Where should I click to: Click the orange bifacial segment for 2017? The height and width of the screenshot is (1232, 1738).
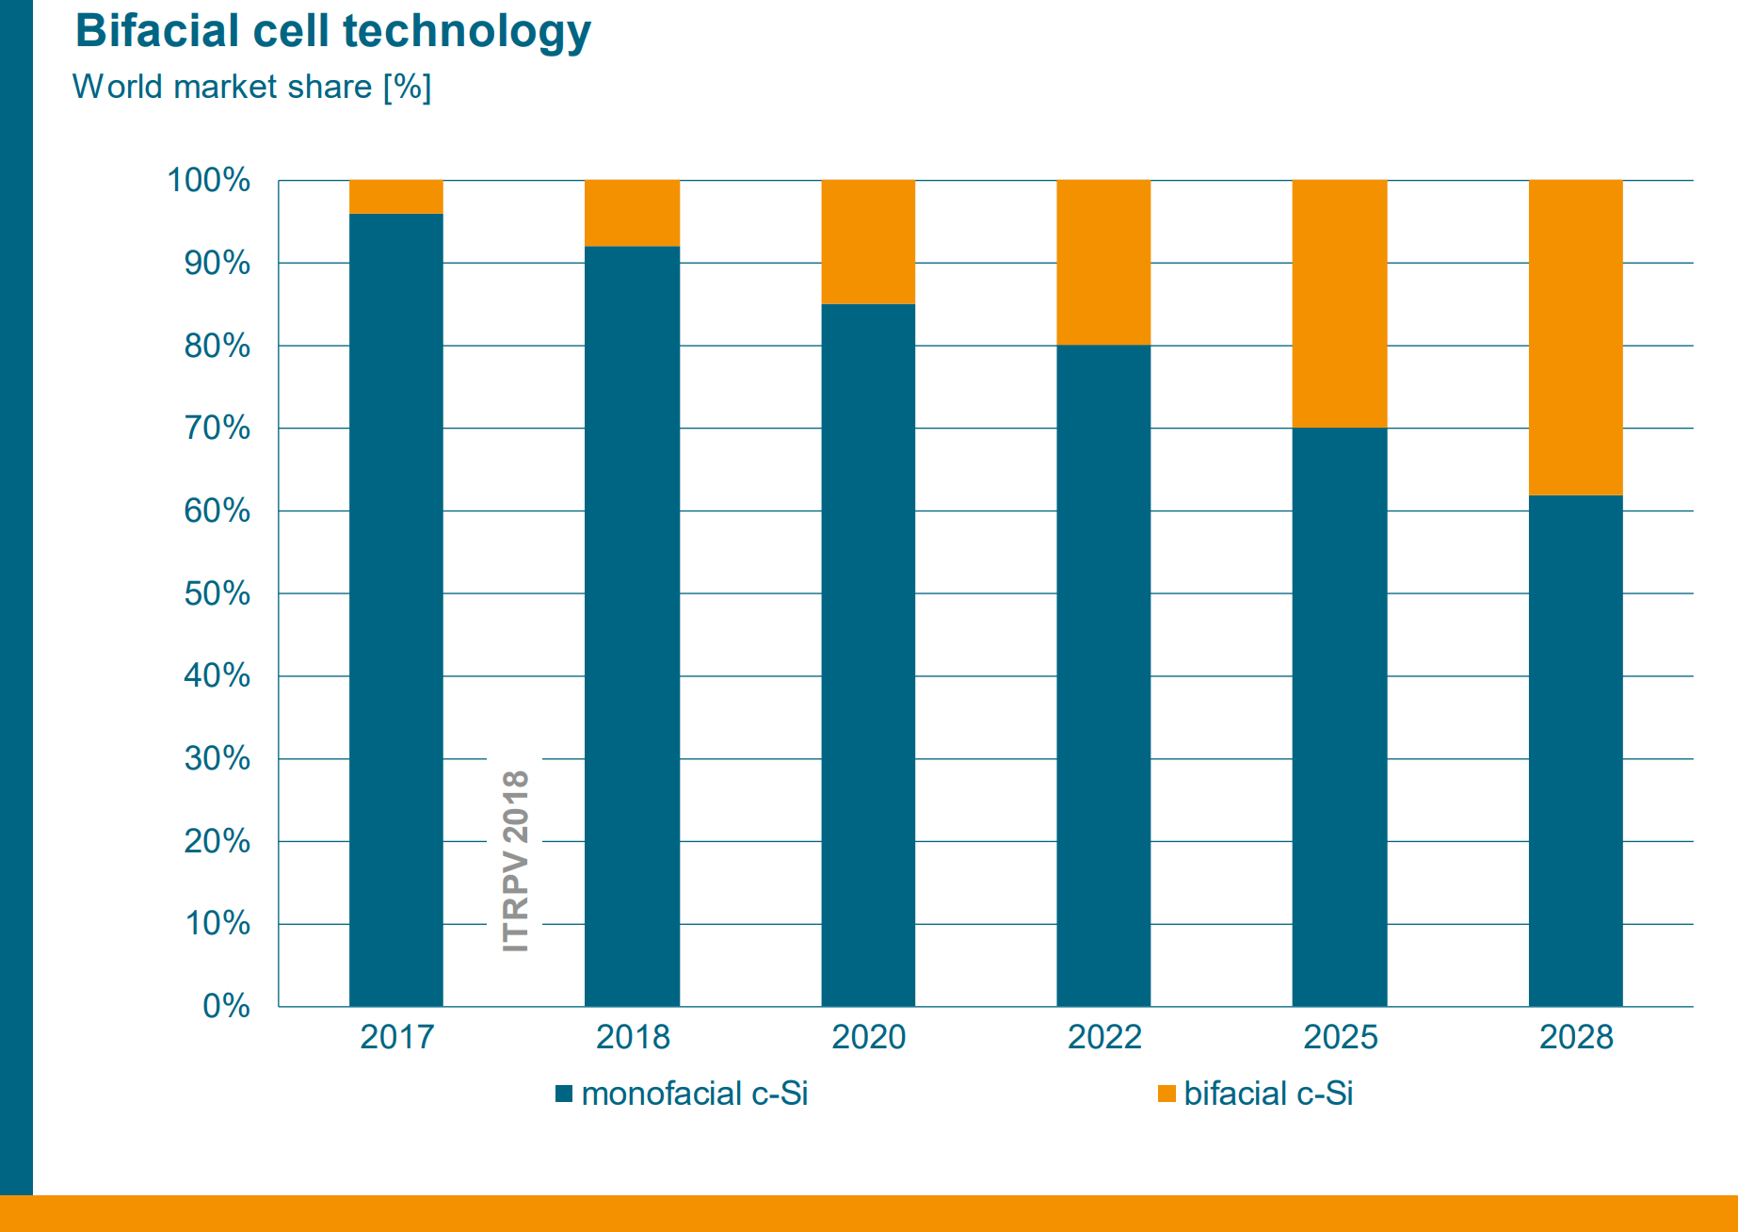point(395,197)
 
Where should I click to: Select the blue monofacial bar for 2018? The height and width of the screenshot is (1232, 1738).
point(632,626)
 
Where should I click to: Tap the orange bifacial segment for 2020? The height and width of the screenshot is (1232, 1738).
point(868,242)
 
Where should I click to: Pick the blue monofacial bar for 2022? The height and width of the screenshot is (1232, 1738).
point(1103,675)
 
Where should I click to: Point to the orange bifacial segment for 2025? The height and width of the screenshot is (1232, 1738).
point(1340,303)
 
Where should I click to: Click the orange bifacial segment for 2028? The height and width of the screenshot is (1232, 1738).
point(1575,337)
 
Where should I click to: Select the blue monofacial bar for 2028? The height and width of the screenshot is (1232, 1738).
point(1575,751)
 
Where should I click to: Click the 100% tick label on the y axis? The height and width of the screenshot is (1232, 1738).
point(208,180)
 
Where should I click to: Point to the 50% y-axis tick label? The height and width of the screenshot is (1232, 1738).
point(217,593)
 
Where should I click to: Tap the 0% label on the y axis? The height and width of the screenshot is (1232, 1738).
point(226,1006)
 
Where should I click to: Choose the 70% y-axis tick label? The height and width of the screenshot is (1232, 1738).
point(217,429)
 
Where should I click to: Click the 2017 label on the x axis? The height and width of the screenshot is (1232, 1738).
point(396,1037)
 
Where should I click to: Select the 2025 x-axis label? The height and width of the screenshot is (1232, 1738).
point(1340,1037)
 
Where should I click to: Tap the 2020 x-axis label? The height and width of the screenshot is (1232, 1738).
point(868,1037)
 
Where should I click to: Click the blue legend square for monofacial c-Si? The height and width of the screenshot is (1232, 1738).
point(564,1094)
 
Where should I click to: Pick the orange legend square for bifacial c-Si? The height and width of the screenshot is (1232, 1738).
point(1167,1094)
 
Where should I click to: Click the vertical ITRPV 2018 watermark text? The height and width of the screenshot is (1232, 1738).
point(515,861)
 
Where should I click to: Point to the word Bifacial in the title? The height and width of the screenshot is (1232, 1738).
point(157,31)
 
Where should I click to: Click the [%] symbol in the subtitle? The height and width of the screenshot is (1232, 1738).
point(407,87)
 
